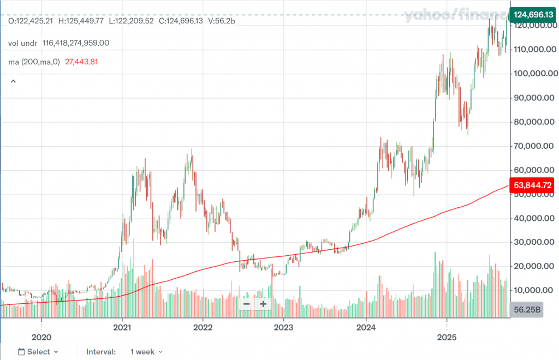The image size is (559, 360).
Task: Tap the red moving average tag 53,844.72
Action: (532, 185)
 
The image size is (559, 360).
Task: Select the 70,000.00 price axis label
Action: (533, 146)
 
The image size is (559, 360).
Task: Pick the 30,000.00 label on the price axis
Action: (533, 242)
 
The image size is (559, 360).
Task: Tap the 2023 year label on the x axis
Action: (283, 329)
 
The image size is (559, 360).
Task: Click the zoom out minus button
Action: (247, 304)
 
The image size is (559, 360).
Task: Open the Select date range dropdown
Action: (38, 352)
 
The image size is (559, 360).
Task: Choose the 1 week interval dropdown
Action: (146, 352)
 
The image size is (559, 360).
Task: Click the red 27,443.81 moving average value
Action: (81, 62)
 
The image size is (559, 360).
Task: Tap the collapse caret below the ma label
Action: (13, 81)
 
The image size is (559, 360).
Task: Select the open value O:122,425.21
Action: (31, 21)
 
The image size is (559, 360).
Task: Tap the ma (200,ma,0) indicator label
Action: (34, 62)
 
